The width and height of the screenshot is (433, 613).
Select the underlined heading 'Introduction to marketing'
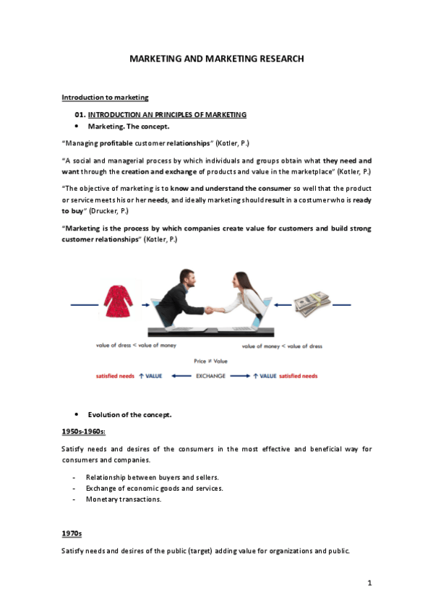105,97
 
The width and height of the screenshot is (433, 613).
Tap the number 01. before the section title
80,114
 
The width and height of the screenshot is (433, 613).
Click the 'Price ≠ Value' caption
210,360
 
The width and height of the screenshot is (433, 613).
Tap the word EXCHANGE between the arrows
210,376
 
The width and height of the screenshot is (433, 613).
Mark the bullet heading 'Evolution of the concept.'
130,414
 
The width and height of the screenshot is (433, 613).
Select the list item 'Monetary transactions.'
124,499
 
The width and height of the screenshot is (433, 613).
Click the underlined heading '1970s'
72,533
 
